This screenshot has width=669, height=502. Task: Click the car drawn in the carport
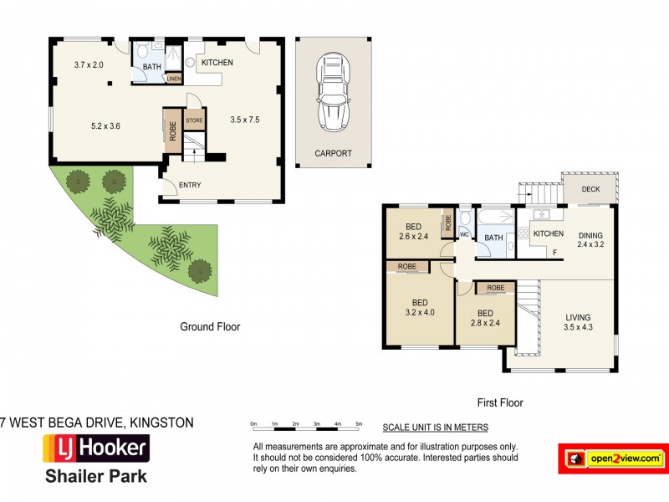point(333,92)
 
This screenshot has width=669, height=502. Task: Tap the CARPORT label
point(333,153)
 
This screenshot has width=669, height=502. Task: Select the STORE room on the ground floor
point(194,120)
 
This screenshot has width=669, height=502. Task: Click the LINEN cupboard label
point(174,79)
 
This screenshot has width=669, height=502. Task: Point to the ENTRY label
point(190,185)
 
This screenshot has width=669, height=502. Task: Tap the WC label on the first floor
point(464,234)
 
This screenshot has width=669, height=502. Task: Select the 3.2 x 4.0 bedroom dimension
point(420,312)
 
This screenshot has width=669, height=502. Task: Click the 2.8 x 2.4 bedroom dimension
point(485,323)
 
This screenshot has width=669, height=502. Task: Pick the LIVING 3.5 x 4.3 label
point(578,322)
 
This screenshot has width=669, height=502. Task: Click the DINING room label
point(590,235)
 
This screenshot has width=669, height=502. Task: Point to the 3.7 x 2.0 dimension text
point(89,65)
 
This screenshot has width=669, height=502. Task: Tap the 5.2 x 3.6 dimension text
point(105,126)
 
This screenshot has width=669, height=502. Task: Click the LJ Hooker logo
point(96,448)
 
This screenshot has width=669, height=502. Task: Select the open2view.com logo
point(613,458)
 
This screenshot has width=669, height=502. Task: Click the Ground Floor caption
point(210,327)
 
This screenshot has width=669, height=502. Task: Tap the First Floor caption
point(500,402)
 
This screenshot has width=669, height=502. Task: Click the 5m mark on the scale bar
point(360,424)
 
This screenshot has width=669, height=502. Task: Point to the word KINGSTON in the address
point(161,423)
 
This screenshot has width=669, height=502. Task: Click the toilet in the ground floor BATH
point(142,50)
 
